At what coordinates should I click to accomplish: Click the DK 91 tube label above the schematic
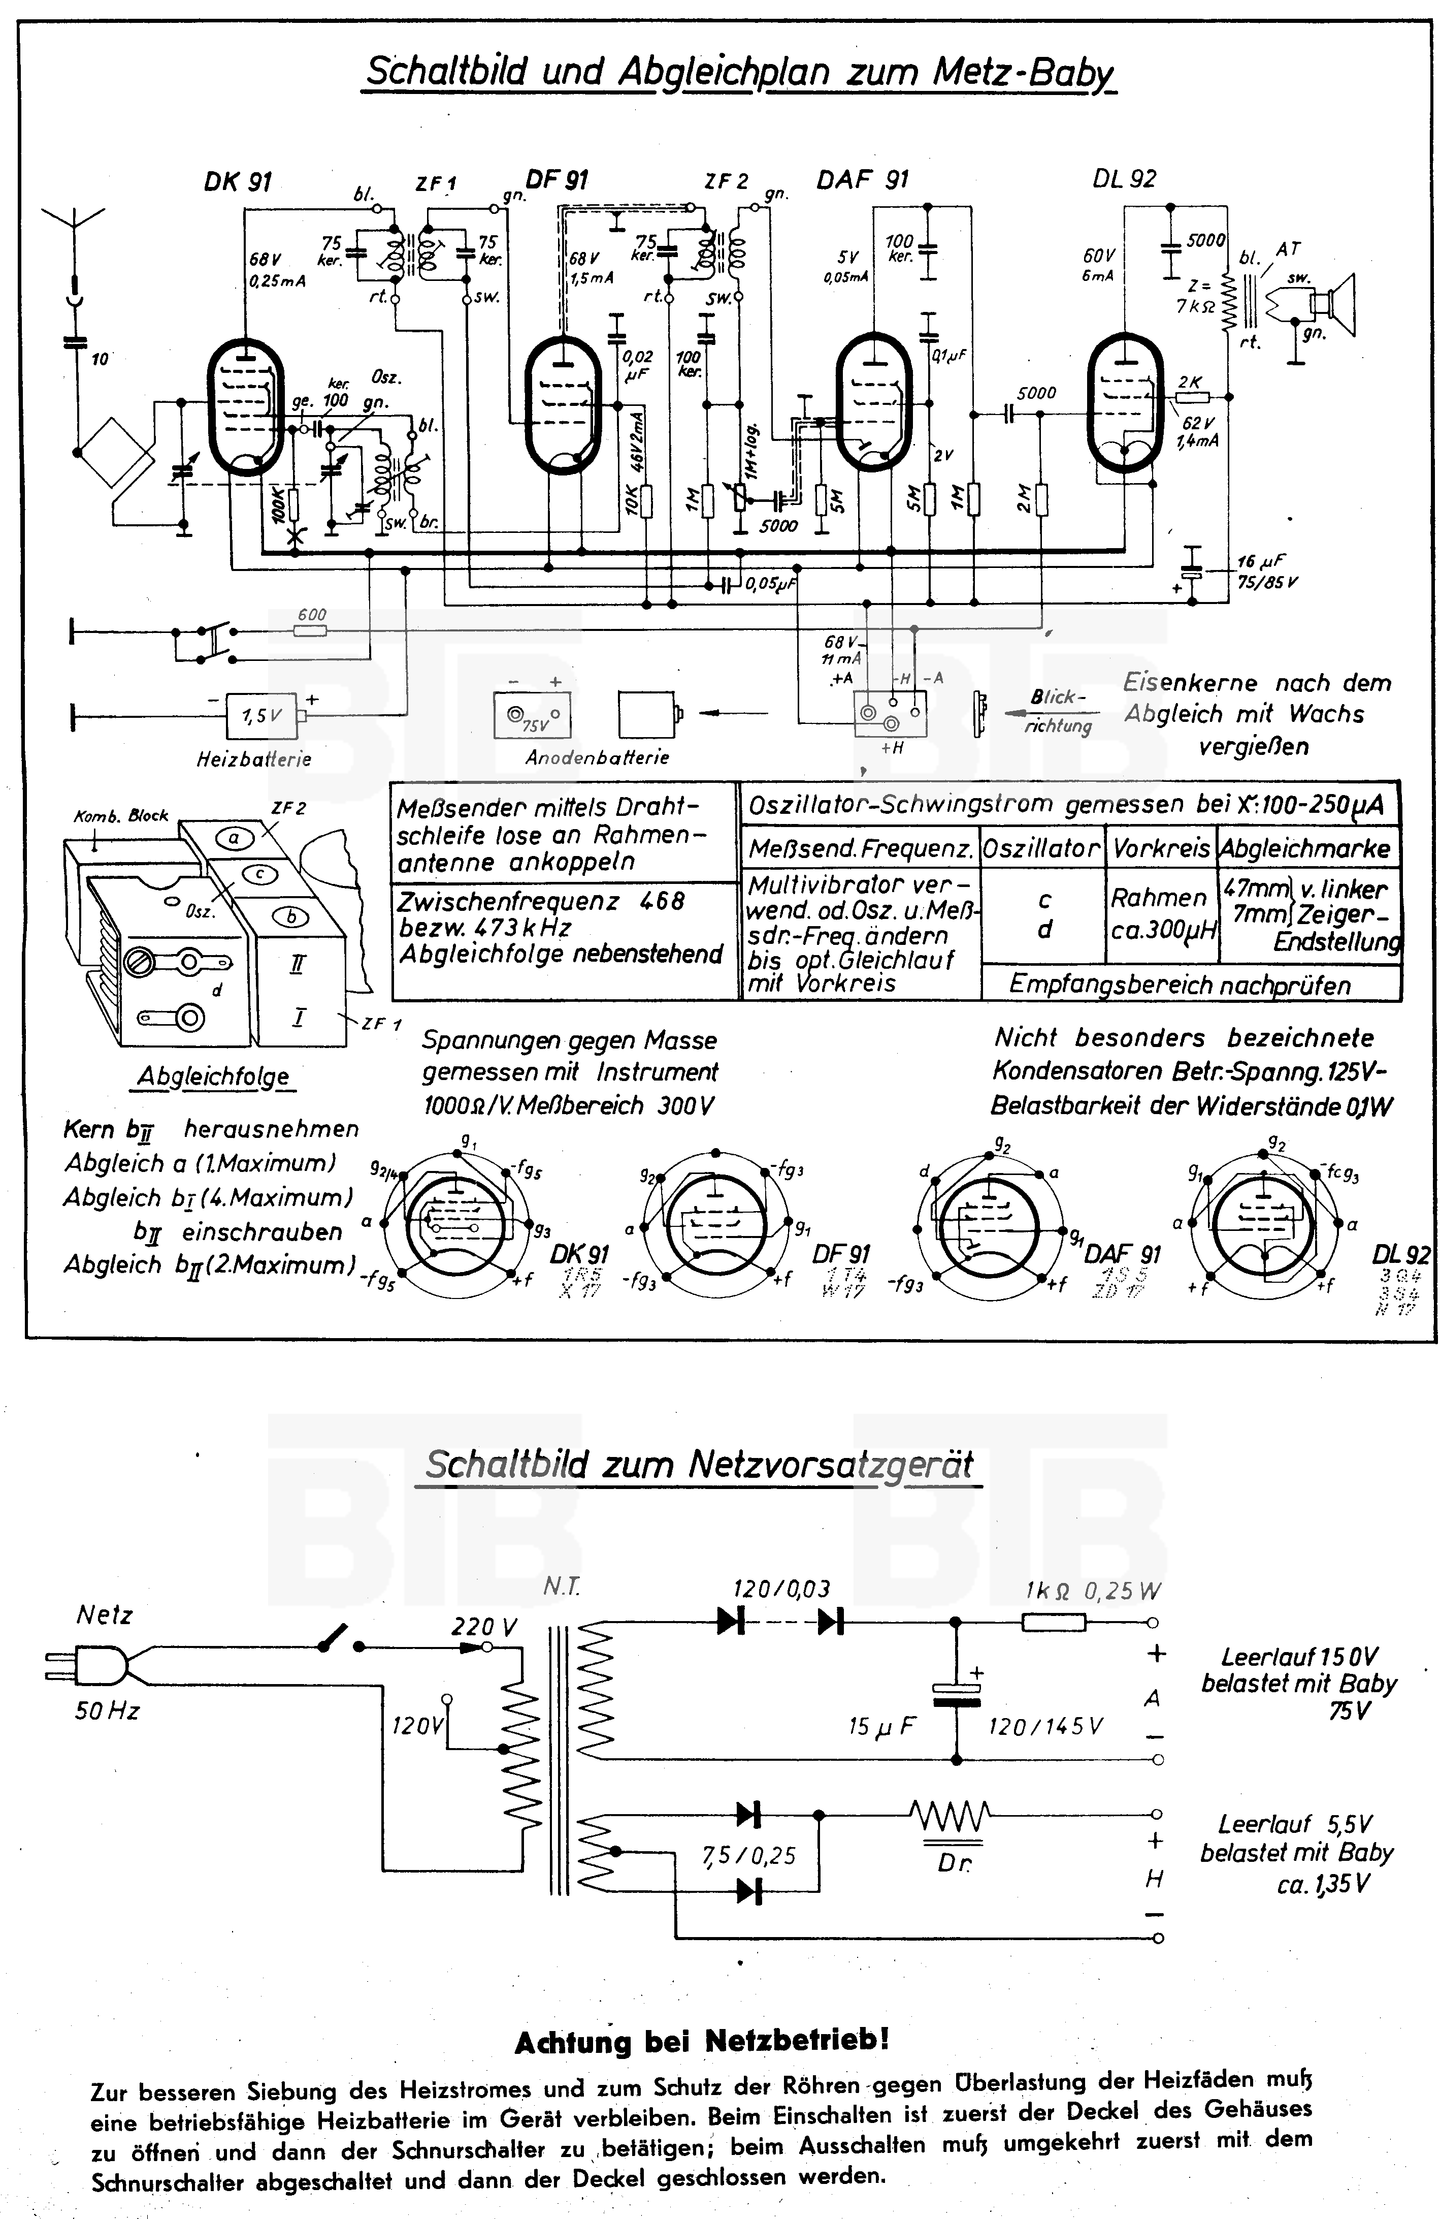click(x=238, y=182)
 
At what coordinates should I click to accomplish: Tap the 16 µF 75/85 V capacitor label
click(x=1267, y=572)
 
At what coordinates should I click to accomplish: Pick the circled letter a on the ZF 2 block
click(x=235, y=838)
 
